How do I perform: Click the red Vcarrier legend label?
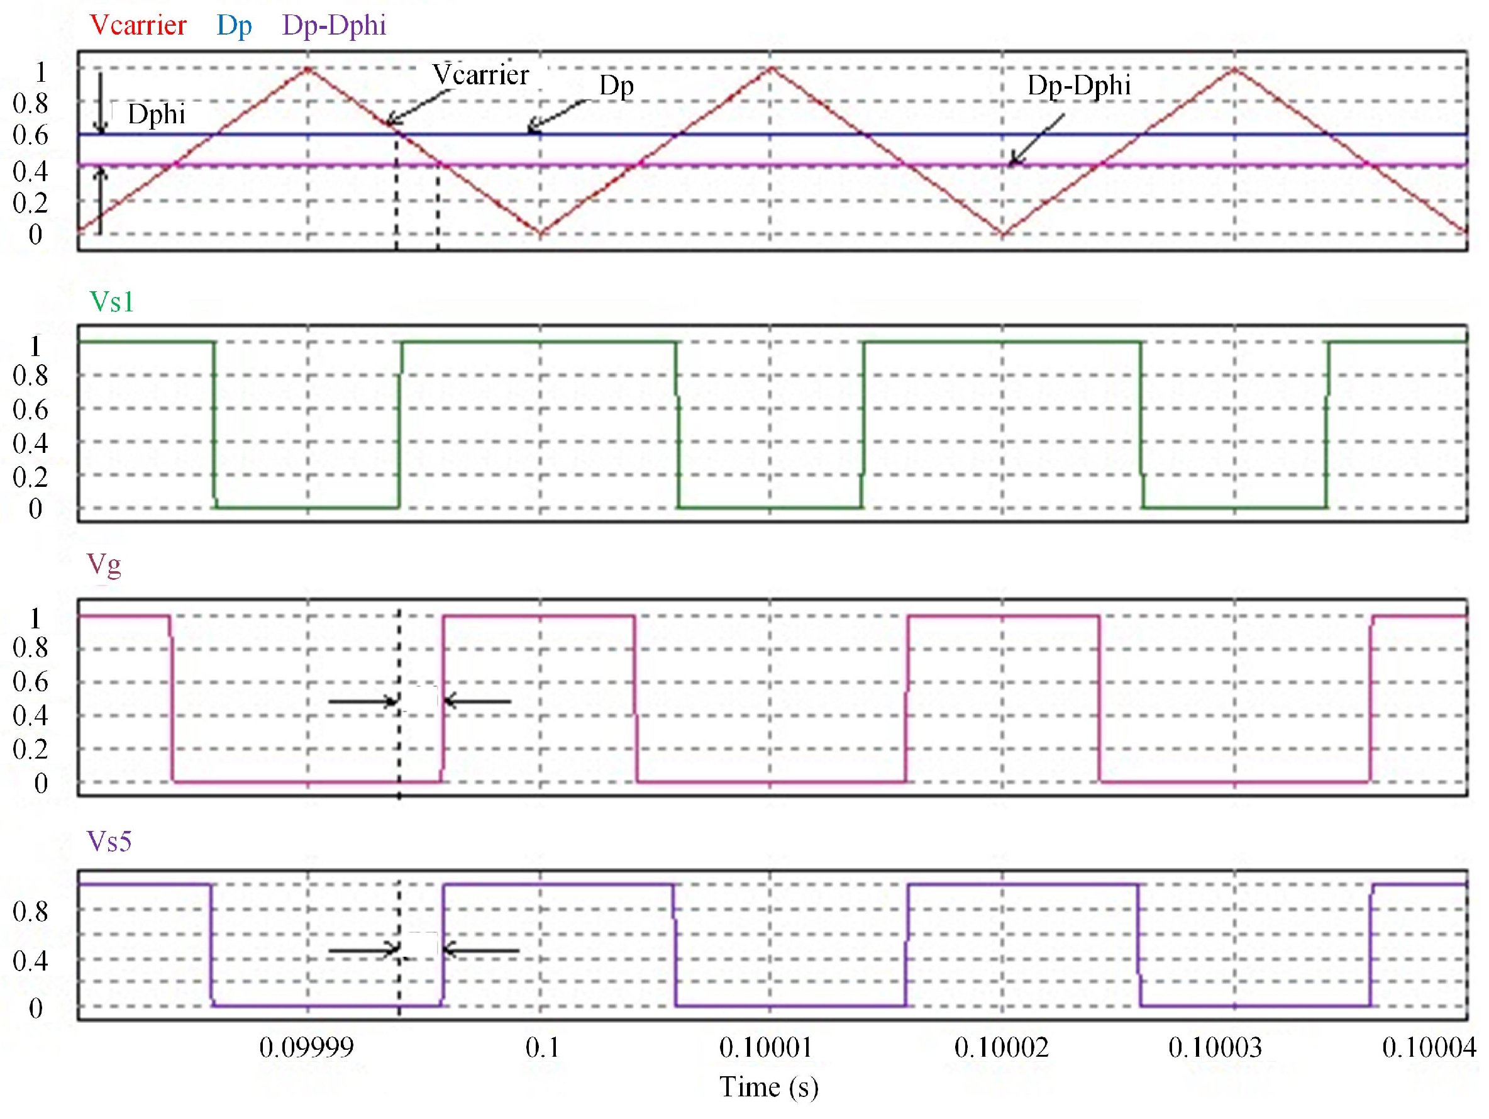pos(138,26)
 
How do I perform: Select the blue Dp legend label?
pos(235,26)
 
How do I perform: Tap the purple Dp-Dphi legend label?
pos(334,26)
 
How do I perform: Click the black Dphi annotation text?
pos(156,114)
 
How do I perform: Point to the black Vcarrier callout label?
pos(480,74)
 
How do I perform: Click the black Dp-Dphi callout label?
pos(1078,86)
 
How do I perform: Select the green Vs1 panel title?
pos(112,302)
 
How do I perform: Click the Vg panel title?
pos(104,564)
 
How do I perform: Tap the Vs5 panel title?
pos(109,842)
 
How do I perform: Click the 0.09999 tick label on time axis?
pos(306,1048)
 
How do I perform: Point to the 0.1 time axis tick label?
pos(542,1048)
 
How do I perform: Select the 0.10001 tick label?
pos(765,1048)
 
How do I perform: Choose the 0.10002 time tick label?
pos(1002,1048)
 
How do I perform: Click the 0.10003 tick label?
pos(1215,1048)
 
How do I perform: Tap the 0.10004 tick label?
pos(1429,1048)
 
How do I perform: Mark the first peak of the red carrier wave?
pos(308,69)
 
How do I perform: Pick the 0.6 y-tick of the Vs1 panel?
pos(30,409)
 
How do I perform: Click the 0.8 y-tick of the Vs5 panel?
pos(30,911)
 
